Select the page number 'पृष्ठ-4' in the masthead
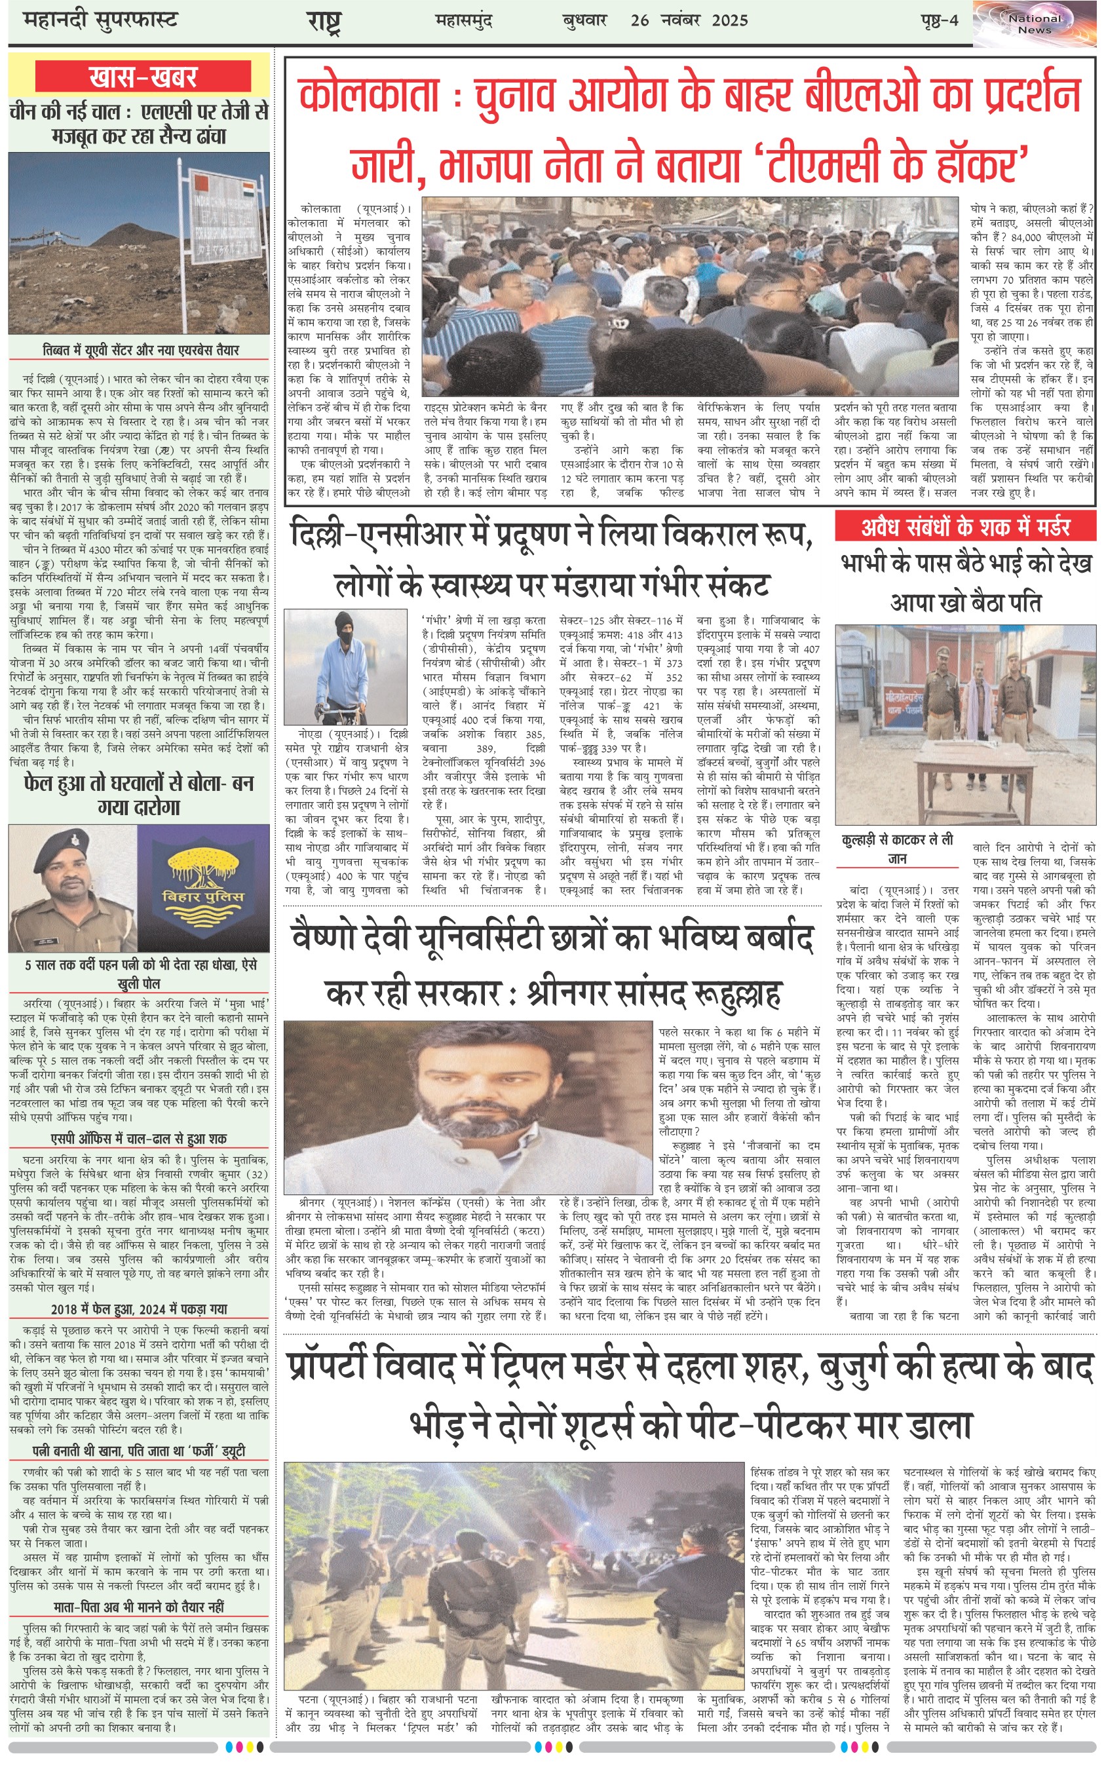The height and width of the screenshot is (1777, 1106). click(938, 20)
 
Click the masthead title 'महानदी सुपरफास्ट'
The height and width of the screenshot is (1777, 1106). click(100, 20)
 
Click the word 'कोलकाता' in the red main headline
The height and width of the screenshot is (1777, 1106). click(370, 96)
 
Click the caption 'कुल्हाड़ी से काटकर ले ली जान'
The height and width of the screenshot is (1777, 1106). click(897, 849)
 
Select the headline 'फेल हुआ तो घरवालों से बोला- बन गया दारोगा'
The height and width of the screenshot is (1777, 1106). click(138, 795)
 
